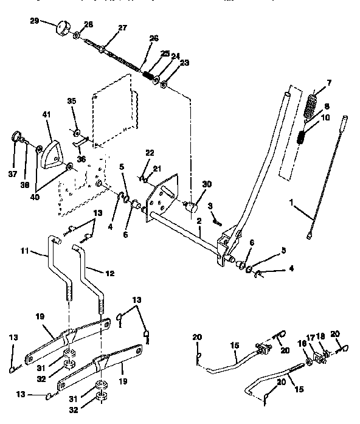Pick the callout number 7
[x=329, y=82]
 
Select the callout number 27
[x=123, y=27]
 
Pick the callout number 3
[x=209, y=207]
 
